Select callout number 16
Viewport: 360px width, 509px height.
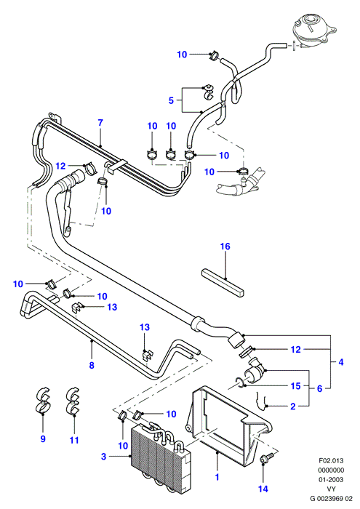click(225, 247)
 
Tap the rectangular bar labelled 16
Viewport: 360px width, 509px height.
click(223, 282)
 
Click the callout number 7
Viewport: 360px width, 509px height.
click(100, 123)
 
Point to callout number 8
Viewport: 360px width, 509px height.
click(92, 365)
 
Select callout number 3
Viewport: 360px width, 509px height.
click(103, 457)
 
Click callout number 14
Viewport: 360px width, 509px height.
click(263, 489)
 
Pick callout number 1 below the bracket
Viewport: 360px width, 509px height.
click(217, 477)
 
